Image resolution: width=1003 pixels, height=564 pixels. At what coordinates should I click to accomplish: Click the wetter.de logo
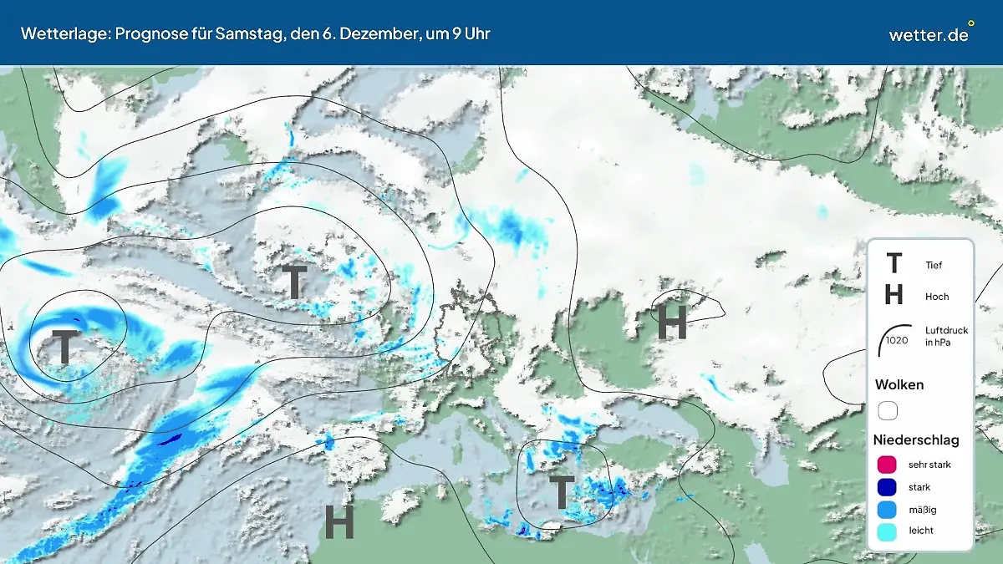coord(929,34)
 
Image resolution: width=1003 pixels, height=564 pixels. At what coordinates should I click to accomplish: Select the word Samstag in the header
coord(256,34)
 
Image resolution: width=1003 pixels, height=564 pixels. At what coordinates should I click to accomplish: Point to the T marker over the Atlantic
coord(64,347)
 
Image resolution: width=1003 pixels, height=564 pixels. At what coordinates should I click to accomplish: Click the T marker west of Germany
coord(294,282)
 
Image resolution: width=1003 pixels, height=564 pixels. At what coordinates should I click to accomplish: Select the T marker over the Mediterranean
coord(561,493)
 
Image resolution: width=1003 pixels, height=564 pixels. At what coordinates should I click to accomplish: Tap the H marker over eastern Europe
coord(672,323)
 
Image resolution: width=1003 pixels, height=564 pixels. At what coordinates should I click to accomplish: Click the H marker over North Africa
coord(339,522)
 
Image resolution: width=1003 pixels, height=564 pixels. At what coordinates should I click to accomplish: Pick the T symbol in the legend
coord(894,264)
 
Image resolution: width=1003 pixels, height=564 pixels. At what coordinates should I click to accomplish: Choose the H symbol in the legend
coord(894,295)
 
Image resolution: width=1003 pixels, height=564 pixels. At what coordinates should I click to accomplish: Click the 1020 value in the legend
coord(897,340)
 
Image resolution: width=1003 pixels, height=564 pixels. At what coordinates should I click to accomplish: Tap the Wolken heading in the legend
coord(899,385)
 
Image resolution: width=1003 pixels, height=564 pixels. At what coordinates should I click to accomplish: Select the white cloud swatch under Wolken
coord(888,410)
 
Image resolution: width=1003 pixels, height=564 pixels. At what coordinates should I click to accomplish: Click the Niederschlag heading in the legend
coord(916,440)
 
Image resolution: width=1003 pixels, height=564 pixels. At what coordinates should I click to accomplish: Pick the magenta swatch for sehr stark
coord(888,465)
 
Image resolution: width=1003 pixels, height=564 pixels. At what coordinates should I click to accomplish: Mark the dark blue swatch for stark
coord(888,487)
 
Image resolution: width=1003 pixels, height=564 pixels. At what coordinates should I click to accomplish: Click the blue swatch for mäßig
coord(888,509)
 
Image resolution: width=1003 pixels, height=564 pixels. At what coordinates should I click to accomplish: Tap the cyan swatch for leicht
coord(888,531)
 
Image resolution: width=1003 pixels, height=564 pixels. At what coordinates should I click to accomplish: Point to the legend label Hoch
coord(937,297)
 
